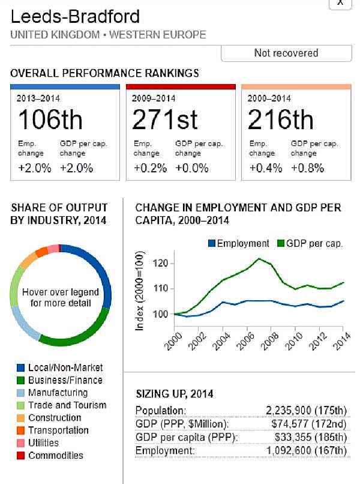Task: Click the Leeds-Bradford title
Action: click(75, 16)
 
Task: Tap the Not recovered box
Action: click(286, 53)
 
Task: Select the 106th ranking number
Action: click(50, 120)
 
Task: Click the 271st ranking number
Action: click(165, 120)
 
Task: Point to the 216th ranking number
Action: click(280, 120)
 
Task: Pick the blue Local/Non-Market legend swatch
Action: click(20, 368)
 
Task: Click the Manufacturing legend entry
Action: click(58, 393)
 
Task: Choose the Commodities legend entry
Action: click(56, 455)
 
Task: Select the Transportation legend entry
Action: click(58, 430)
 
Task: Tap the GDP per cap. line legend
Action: click(310, 243)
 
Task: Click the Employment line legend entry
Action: click(238, 243)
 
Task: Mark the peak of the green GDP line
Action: click(259, 258)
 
